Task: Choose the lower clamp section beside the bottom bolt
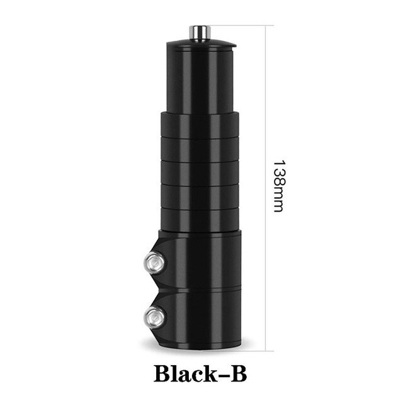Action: (201, 318)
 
